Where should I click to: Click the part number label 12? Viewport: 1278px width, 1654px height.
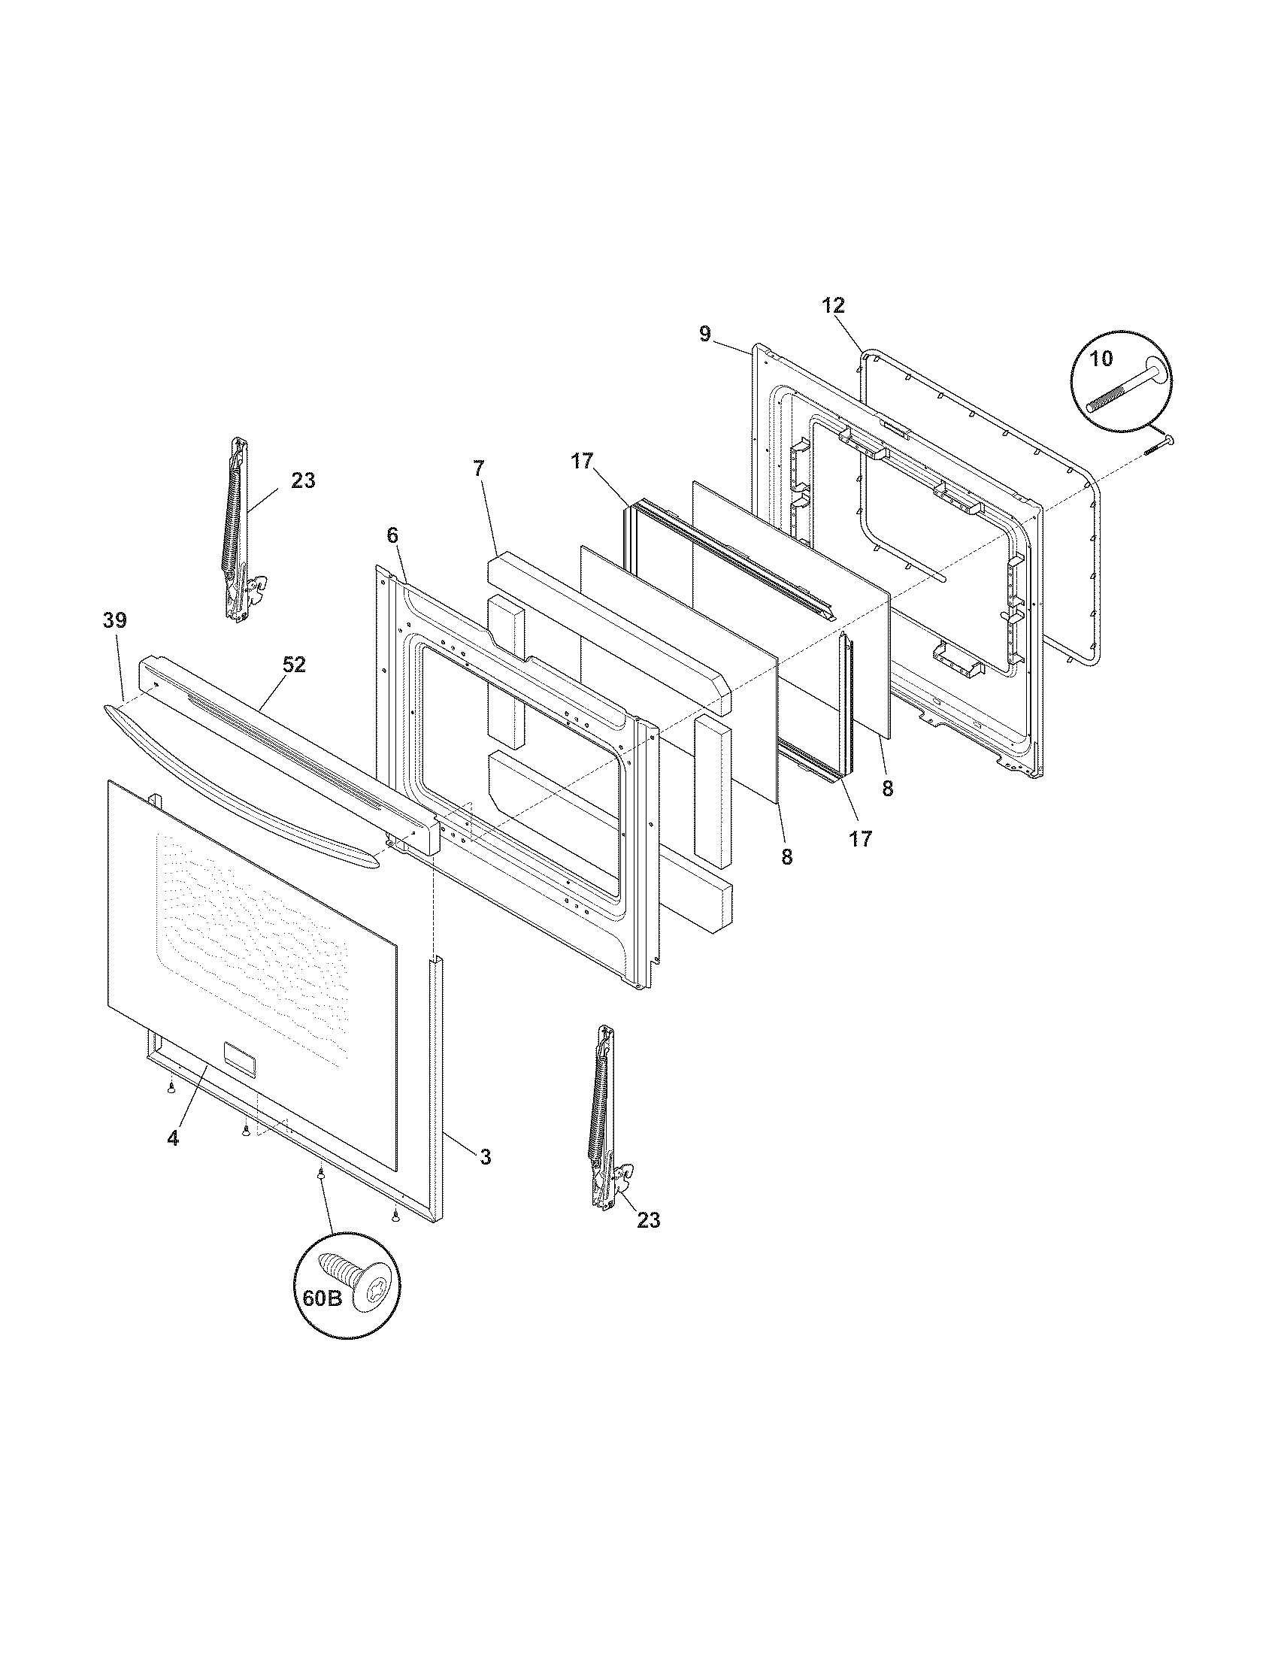click(x=833, y=306)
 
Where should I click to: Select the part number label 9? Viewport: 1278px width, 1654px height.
click(x=705, y=334)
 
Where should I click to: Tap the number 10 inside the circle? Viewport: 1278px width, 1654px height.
click(x=1101, y=359)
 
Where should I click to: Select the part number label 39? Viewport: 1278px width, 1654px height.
click(x=115, y=620)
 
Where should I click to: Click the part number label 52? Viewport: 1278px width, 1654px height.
click(x=294, y=665)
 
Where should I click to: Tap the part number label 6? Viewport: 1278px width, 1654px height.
click(x=392, y=535)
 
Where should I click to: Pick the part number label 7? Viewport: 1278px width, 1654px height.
click(x=477, y=469)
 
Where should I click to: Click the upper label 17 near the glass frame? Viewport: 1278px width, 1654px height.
click(x=582, y=461)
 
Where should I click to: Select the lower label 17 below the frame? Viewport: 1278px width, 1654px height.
click(x=861, y=838)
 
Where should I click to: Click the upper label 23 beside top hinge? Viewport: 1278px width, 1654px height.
click(x=303, y=480)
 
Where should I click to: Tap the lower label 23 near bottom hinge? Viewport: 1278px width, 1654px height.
click(x=648, y=1220)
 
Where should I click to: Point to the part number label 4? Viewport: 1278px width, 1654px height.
click(x=174, y=1138)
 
